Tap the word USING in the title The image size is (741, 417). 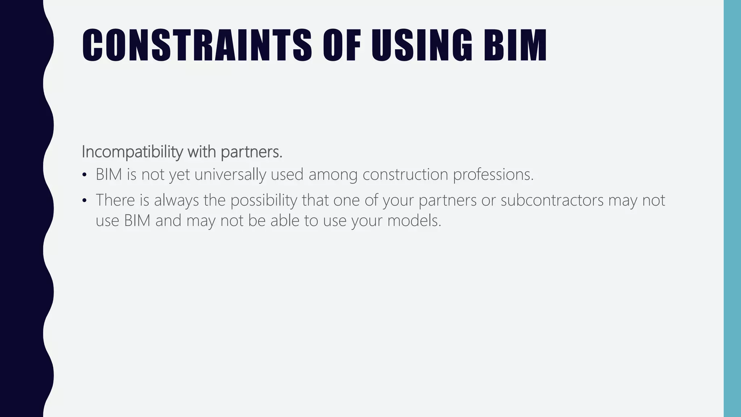tap(422, 45)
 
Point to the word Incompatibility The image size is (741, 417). tap(132, 152)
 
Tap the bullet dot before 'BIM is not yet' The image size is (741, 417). tap(85, 175)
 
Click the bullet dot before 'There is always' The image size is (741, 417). tap(85, 201)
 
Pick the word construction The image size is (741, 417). tap(405, 174)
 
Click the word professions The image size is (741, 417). tap(493, 174)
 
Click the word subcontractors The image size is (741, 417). tap(552, 200)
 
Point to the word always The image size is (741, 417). tap(177, 201)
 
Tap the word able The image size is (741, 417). tap(285, 220)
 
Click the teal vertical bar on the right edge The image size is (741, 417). tap(732, 208)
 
